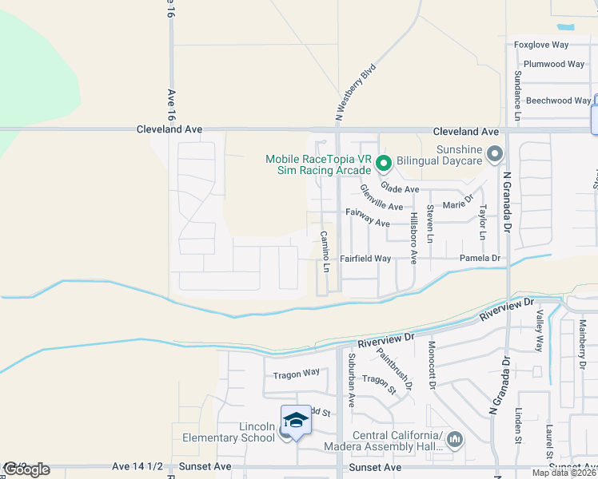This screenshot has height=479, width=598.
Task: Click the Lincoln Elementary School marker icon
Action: [x=295, y=421]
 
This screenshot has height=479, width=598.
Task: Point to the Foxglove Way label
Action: [x=541, y=46]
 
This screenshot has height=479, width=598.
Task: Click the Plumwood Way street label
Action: [x=553, y=64]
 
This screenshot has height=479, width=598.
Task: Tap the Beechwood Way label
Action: [x=559, y=101]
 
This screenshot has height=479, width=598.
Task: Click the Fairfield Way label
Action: [x=365, y=259]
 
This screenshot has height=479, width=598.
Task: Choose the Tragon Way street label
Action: [x=296, y=373]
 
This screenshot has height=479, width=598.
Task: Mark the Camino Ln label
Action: [x=325, y=251]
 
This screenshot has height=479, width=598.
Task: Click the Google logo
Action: [x=26, y=469]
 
